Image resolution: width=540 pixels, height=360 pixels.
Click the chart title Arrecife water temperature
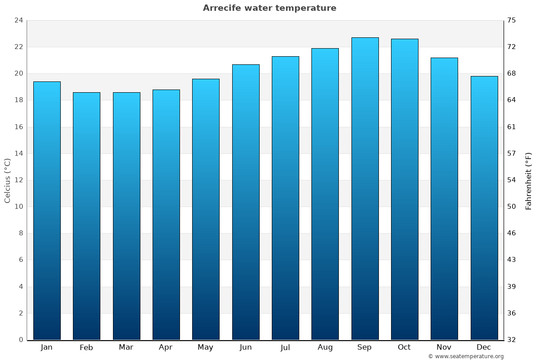pyautogui.click(x=270, y=8)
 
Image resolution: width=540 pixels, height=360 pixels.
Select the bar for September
pyautogui.click(x=364, y=189)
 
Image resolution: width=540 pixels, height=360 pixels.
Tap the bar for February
pyautogui.click(x=86, y=216)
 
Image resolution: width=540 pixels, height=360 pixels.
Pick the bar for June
pyautogui.click(x=246, y=202)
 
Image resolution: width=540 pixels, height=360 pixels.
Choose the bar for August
pyautogui.click(x=325, y=193)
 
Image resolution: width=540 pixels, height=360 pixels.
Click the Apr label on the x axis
pyautogui.click(x=166, y=347)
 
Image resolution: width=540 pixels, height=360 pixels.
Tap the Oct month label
pyautogui.click(x=404, y=347)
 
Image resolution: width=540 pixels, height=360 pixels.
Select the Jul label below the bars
pyautogui.click(x=285, y=347)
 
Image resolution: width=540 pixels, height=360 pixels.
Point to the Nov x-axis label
pyautogui.click(x=444, y=347)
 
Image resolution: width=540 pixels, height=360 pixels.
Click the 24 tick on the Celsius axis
pyautogui.click(x=18, y=20)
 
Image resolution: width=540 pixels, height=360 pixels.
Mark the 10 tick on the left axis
pyautogui.click(x=18, y=207)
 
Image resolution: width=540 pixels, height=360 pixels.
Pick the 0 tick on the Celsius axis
pyautogui.click(x=21, y=340)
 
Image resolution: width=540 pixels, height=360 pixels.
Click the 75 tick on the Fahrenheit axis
pyautogui.click(x=512, y=20)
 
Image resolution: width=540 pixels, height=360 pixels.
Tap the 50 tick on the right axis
pyautogui.click(x=512, y=207)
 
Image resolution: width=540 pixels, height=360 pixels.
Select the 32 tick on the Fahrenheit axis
pyautogui.click(x=512, y=340)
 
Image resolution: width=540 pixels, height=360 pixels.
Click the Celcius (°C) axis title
pyautogui.click(x=7, y=180)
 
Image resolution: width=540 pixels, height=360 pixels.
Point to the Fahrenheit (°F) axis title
pyautogui.click(x=529, y=180)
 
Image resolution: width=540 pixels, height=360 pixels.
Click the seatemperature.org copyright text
pyautogui.click(x=466, y=356)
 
